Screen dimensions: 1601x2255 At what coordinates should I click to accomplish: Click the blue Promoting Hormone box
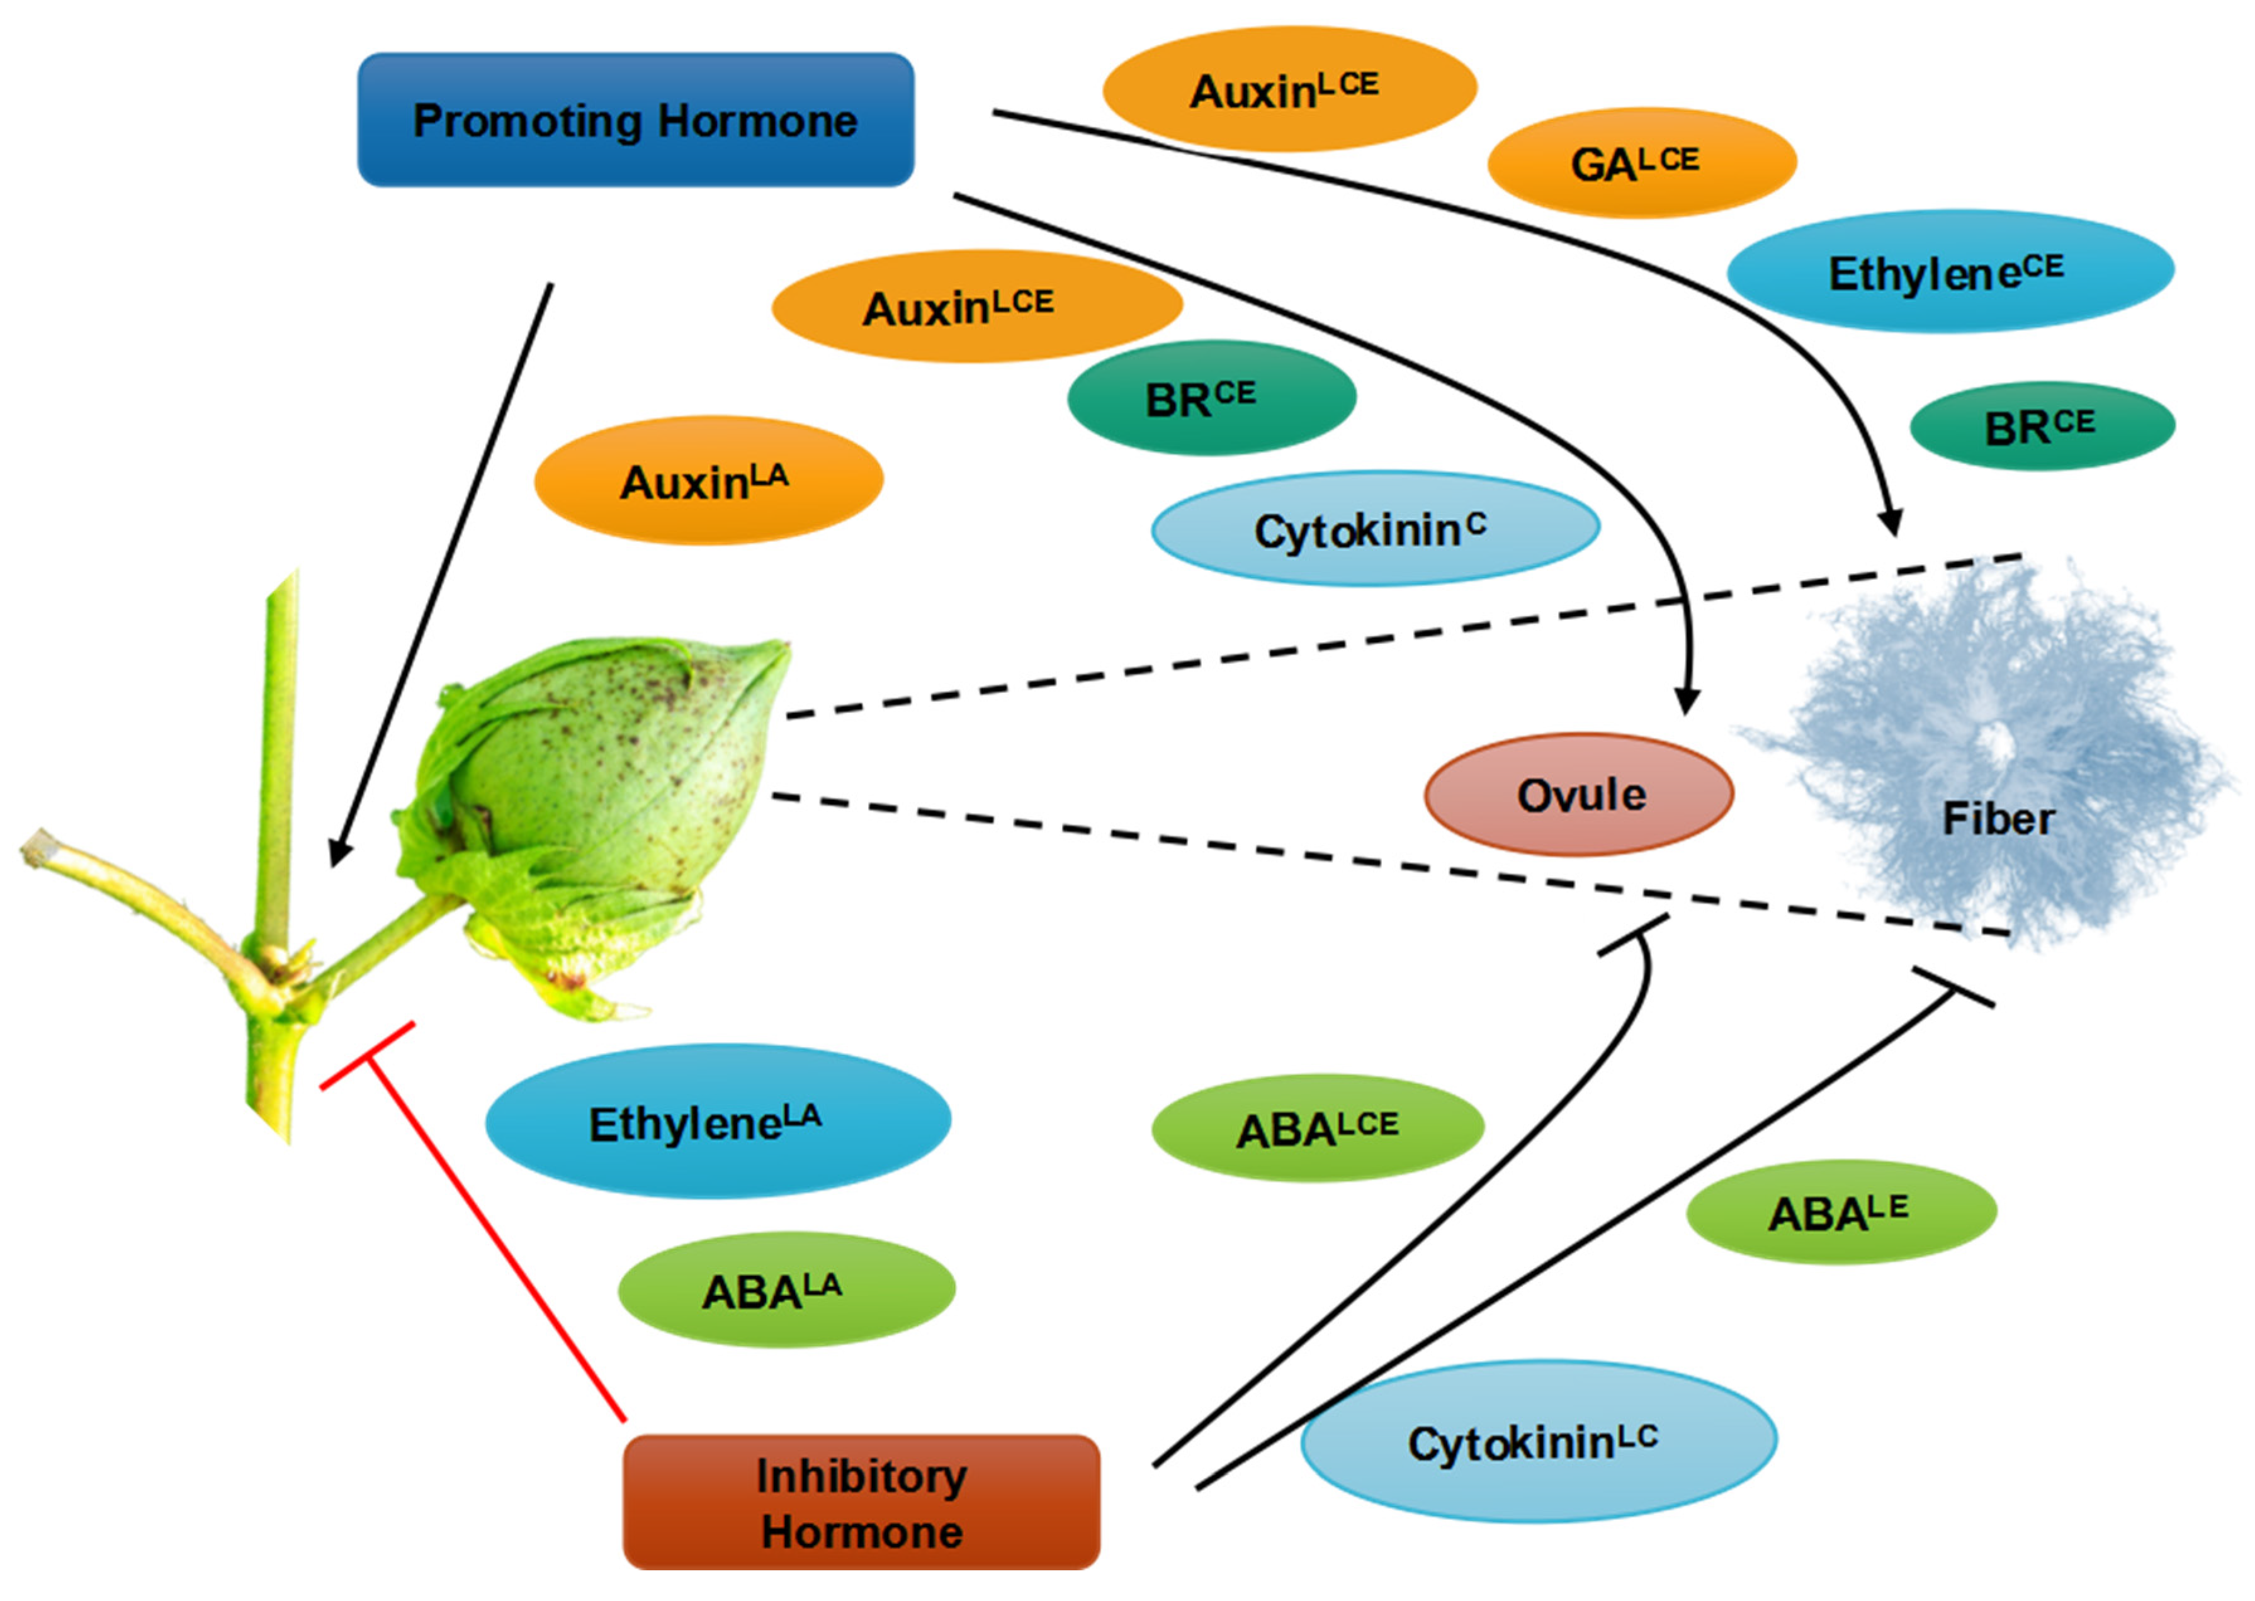tap(635, 120)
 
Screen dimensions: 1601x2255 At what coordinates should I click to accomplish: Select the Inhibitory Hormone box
tap(861, 1502)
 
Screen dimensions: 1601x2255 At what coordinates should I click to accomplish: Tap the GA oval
tap(1641, 162)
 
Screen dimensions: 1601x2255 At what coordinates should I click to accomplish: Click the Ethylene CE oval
tap(1949, 271)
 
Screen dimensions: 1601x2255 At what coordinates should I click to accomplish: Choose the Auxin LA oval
tap(708, 481)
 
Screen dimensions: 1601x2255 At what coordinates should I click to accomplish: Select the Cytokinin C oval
tap(1374, 529)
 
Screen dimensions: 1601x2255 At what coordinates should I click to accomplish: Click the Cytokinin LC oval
tap(1538, 1441)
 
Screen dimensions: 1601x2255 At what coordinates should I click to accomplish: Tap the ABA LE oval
tap(1841, 1211)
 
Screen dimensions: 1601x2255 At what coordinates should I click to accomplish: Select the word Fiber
tap(1998, 818)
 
